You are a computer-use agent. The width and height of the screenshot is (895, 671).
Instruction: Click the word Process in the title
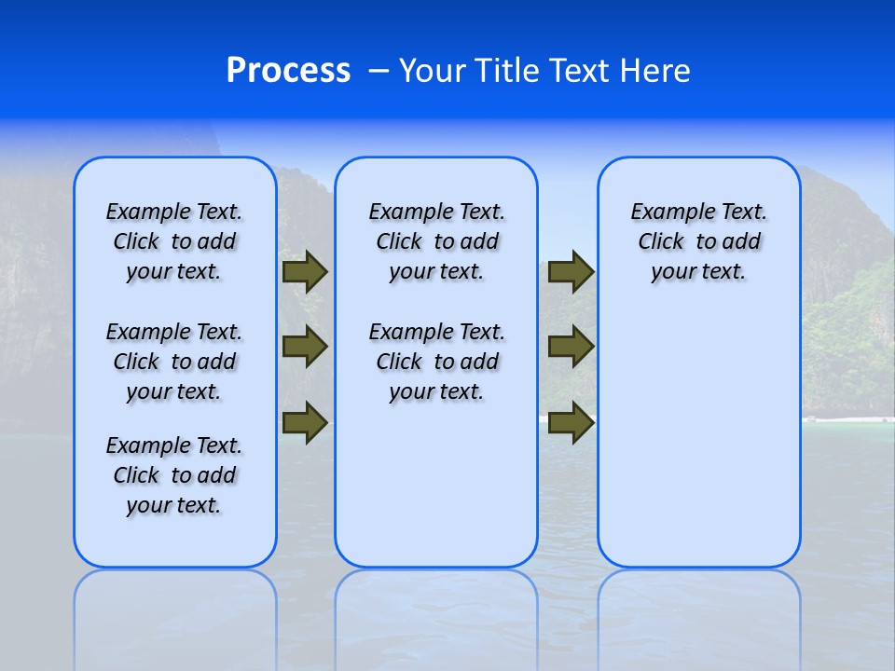pyautogui.click(x=288, y=71)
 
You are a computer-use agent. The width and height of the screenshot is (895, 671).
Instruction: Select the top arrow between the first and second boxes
pyautogui.click(x=305, y=272)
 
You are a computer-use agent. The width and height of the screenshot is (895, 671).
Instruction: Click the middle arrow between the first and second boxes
pyautogui.click(x=305, y=348)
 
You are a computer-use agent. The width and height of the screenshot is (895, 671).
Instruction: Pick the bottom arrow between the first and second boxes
pyautogui.click(x=305, y=422)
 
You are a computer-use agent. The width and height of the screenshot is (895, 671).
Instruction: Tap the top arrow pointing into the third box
pyautogui.click(x=571, y=272)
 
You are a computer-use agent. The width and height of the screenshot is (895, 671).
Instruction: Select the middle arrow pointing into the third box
pyautogui.click(x=571, y=348)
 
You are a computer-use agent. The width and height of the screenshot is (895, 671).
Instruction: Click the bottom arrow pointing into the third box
pyautogui.click(x=571, y=422)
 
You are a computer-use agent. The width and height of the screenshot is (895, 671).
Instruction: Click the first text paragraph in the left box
pyautogui.click(x=174, y=241)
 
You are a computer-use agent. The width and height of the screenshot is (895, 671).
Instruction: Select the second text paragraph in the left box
pyautogui.click(x=174, y=362)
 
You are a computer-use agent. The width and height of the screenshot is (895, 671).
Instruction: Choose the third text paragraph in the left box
pyautogui.click(x=174, y=475)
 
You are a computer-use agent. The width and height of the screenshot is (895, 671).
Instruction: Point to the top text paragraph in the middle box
pyautogui.click(x=436, y=241)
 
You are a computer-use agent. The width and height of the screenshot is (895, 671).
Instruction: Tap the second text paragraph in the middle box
pyautogui.click(x=436, y=362)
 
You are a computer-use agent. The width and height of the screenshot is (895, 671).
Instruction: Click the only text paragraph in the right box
pyautogui.click(x=698, y=241)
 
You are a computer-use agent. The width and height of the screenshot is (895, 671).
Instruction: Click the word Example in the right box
pyautogui.click(x=666, y=212)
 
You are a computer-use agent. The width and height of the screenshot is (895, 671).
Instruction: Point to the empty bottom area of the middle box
pyautogui.click(x=436, y=485)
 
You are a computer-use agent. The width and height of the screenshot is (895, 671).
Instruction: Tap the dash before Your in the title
pyautogui.click(x=379, y=71)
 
